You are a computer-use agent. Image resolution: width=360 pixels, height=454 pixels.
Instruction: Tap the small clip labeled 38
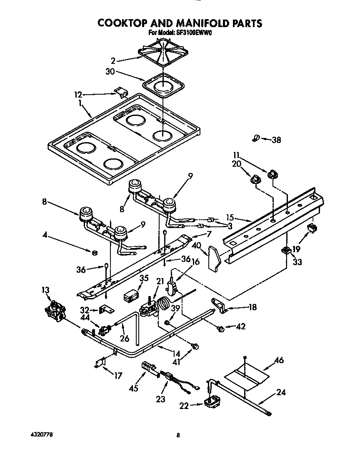[x=256, y=138]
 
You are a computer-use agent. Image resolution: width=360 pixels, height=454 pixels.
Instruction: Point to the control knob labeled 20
[x=255, y=179]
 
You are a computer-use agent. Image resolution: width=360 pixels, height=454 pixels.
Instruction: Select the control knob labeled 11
[x=273, y=173]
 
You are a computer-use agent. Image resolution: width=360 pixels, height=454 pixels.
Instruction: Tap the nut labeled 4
[x=95, y=253]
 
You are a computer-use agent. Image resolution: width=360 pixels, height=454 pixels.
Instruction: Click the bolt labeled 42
[x=221, y=329]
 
